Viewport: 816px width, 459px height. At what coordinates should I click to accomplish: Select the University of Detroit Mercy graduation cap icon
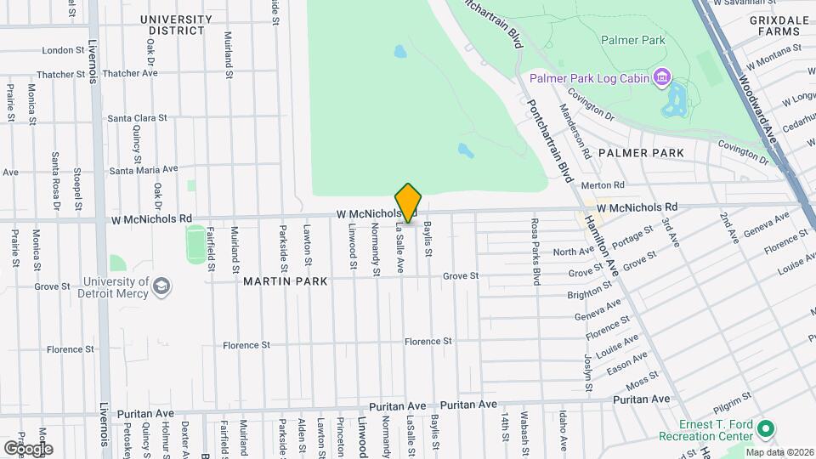click(161, 287)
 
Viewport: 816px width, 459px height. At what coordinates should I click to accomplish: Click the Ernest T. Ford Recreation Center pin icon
click(764, 428)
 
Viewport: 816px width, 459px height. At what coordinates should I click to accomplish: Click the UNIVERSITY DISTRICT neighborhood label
click(172, 25)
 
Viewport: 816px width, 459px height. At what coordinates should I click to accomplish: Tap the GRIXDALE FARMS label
click(775, 25)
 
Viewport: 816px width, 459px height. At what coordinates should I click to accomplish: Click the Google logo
click(27, 448)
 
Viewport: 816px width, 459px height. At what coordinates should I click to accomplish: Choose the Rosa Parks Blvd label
click(535, 251)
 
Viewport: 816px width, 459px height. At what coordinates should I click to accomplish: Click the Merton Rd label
click(603, 184)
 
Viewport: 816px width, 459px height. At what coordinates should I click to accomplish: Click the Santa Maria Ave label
click(144, 169)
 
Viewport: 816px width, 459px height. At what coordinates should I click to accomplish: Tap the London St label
click(59, 50)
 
